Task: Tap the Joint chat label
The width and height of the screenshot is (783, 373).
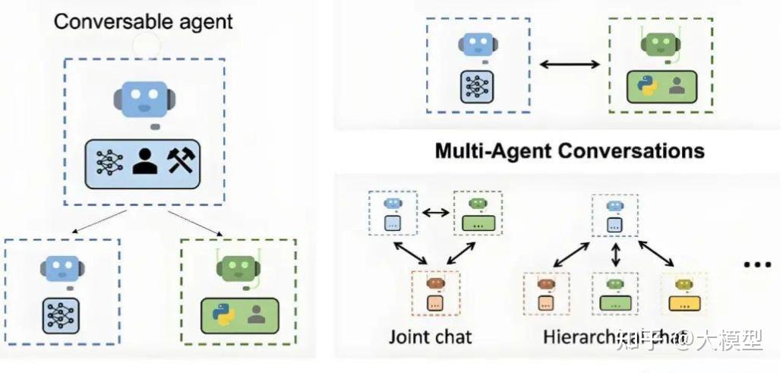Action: pyautogui.click(x=430, y=336)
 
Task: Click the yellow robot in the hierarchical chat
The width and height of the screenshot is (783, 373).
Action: pyautogui.click(x=685, y=286)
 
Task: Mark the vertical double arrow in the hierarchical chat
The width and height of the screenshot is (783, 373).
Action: pyautogui.click(x=615, y=254)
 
